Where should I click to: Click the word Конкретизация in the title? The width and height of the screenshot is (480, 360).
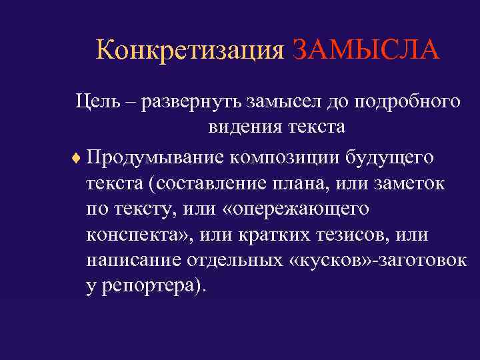click(x=190, y=51)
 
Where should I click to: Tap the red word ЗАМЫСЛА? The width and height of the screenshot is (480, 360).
click(x=365, y=51)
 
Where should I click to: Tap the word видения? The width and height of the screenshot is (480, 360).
click(x=241, y=127)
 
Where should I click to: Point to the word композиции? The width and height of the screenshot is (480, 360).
click(x=287, y=159)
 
